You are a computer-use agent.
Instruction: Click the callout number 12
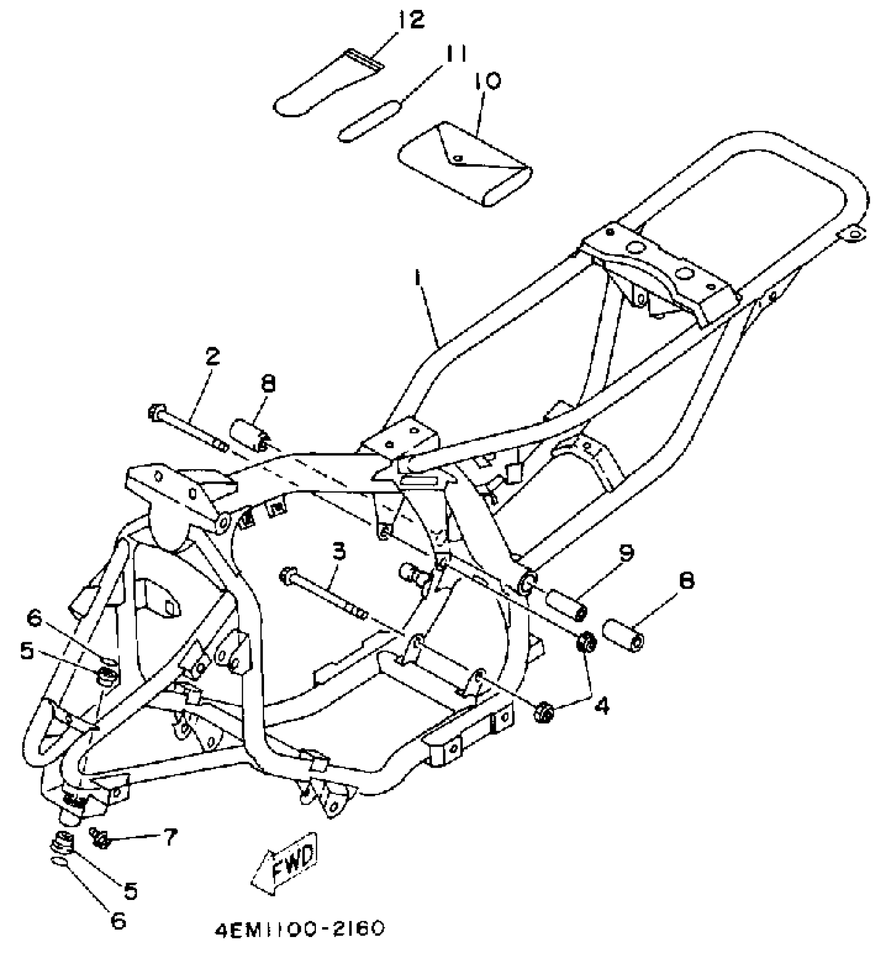[411, 21]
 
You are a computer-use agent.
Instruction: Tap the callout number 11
[455, 53]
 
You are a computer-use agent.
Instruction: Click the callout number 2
[212, 357]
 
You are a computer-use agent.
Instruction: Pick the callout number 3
[339, 551]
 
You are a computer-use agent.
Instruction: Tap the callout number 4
[602, 706]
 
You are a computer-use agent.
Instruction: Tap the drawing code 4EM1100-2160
[300, 928]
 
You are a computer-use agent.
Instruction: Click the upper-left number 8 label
[267, 384]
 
